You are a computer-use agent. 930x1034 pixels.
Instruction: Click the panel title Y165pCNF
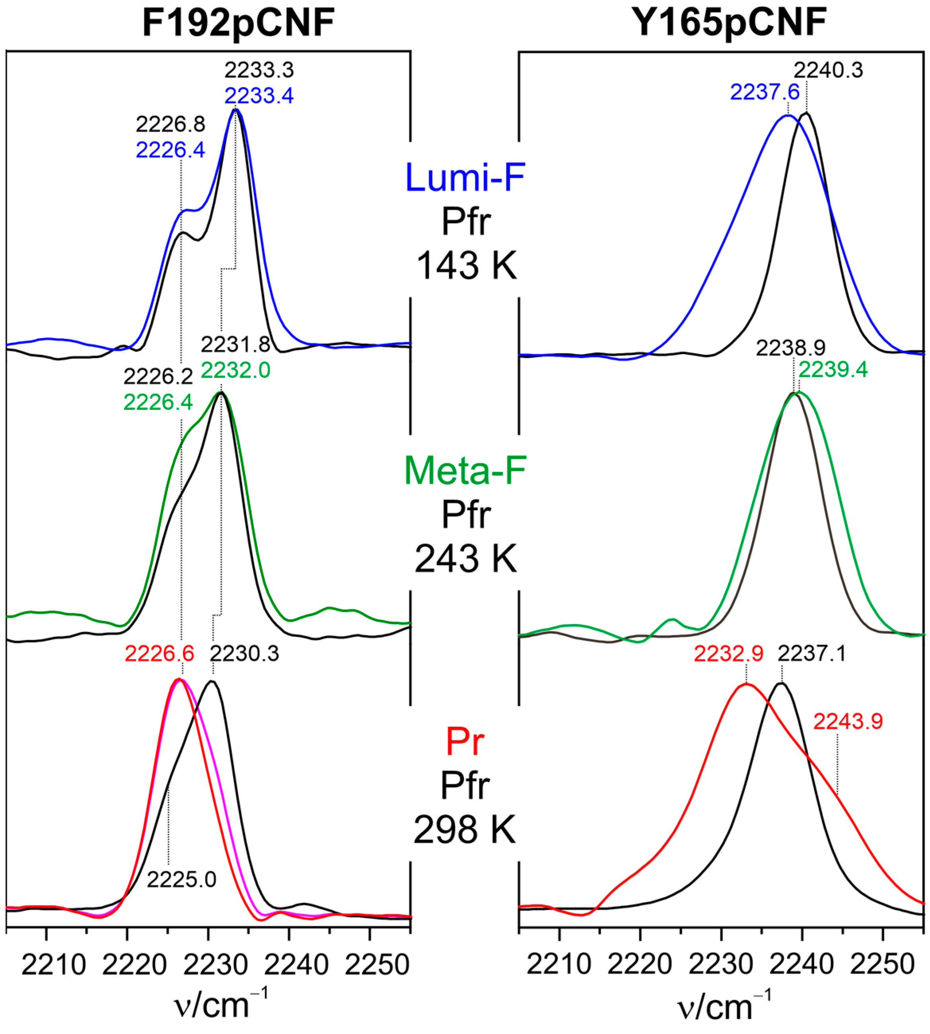pyautogui.click(x=729, y=23)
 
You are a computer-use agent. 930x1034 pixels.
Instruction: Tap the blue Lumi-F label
pyautogui.click(x=465, y=177)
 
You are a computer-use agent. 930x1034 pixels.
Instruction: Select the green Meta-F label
pyautogui.click(x=465, y=470)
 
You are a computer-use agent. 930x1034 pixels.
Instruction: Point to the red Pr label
pyautogui.click(x=465, y=741)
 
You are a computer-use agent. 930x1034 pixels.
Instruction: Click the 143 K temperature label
pyautogui.click(x=467, y=266)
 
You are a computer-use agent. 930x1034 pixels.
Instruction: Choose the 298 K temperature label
pyautogui.click(x=465, y=829)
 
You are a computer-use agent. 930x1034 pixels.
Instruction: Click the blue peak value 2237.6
pyautogui.click(x=765, y=92)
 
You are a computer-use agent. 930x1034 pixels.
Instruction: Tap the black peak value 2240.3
pyautogui.click(x=828, y=70)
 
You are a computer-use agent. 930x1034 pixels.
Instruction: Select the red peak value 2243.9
pyautogui.click(x=848, y=721)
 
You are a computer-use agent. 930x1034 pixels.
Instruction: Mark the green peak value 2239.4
pyautogui.click(x=833, y=369)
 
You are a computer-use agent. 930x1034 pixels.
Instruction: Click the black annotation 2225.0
pyautogui.click(x=181, y=879)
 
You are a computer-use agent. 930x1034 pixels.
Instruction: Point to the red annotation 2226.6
pyautogui.click(x=159, y=653)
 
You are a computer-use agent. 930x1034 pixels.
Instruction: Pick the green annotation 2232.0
pyautogui.click(x=235, y=370)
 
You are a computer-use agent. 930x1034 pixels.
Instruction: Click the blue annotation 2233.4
pyautogui.click(x=259, y=95)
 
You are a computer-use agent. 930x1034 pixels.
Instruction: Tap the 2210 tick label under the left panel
pyautogui.click(x=54, y=964)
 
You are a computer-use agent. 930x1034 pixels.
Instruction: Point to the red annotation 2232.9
pyautogui.click(x=729, y=653)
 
